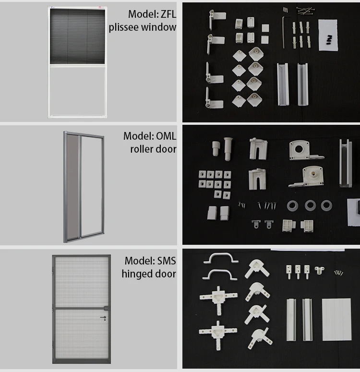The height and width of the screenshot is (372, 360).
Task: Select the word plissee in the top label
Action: (124, 27)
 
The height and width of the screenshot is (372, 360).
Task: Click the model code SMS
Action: (166, 261)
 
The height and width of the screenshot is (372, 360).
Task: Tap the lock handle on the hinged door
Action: (104, 317)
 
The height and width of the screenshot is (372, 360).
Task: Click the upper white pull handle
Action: (221, 259)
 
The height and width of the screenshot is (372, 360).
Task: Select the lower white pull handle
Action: (221, 275)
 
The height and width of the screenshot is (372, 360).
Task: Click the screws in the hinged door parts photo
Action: (339, 273)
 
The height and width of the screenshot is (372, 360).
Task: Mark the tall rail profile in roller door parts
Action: (346, 163)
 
